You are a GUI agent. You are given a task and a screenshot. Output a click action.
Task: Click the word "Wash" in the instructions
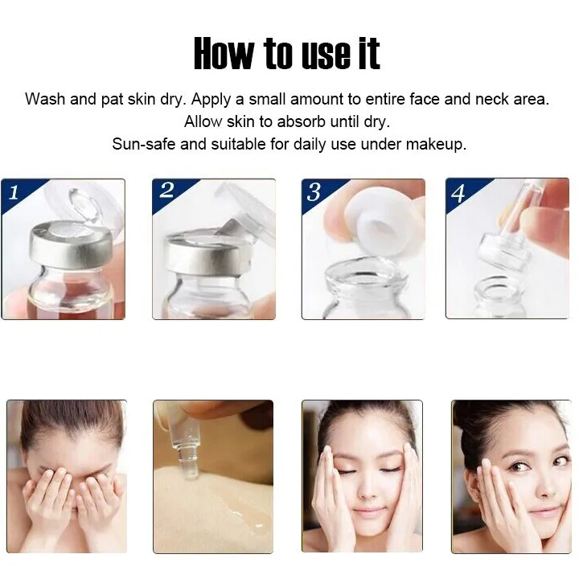coord(43,100)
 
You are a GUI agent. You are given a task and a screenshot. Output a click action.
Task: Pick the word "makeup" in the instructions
coord(435,145)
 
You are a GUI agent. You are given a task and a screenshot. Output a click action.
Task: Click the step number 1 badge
coord(14,191)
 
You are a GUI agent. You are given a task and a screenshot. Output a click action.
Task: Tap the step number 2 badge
coord(166,191)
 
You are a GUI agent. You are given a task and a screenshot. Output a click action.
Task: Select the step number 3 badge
coord(314,191)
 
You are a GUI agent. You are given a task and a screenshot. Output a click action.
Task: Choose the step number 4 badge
coord(458,192)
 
